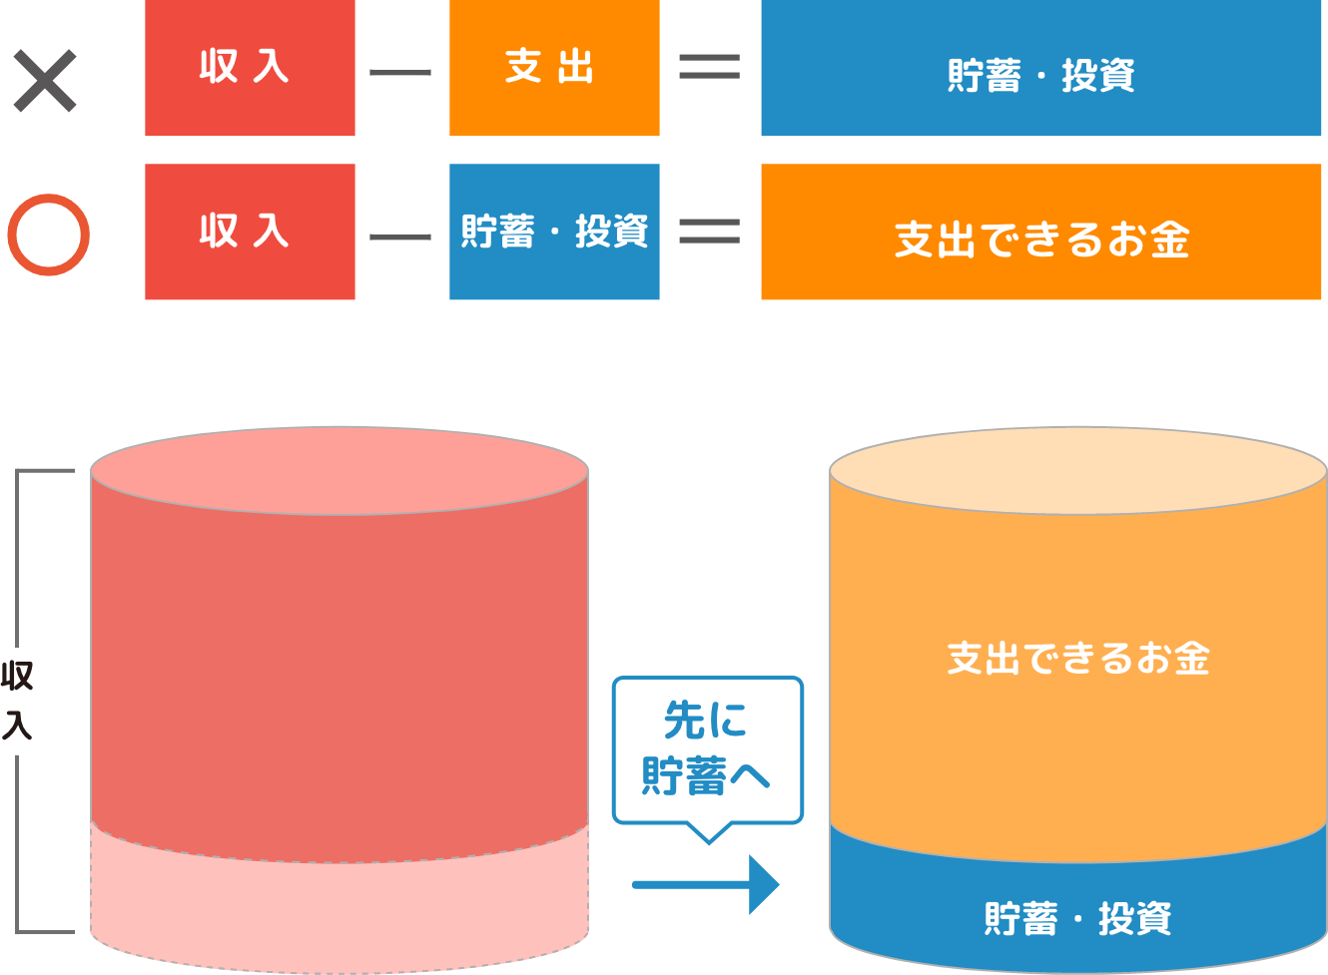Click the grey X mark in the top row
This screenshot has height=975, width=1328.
[x=45, y=82]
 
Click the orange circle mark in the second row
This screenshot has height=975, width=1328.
[x=48, y=236]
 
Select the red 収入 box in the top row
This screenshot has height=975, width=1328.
[x=250, y=68]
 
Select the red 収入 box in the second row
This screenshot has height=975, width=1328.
[x=250, y=232]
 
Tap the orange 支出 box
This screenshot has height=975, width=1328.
[x=554, y=68]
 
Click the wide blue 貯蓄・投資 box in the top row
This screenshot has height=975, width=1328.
[x=1040, y=68]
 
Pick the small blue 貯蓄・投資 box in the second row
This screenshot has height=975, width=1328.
[x=554, y=232]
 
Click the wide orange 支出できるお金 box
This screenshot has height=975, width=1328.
[x=1040, y=232]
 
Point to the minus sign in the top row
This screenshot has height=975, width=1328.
[x=400, y=72]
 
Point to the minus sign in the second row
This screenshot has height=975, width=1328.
[x=400, y=237]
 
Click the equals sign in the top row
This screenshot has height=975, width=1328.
[x=709, y=68]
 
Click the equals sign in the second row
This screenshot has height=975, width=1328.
[x=709, y=232]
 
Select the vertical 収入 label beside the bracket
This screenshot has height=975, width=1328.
[x=17, y=700]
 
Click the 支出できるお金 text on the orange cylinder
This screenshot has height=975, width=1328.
[x=1077, y=659]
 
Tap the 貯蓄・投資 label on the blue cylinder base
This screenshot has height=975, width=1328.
[x=1077, y=918]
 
